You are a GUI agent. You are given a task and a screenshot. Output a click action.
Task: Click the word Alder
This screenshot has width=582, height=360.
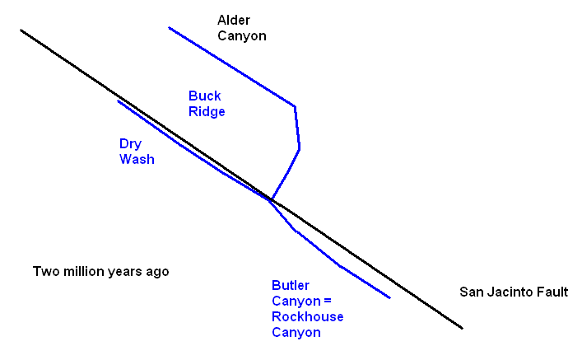(x=234, y=20)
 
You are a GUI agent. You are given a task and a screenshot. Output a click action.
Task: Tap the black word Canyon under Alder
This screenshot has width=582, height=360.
(x=242, y=36)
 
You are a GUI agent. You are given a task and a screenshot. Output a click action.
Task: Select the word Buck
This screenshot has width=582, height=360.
(x=205, y=96)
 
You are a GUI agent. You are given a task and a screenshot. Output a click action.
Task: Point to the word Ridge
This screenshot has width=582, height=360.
(x=207, y=111)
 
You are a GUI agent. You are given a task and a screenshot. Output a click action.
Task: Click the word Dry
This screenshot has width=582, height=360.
(x=130, y=143)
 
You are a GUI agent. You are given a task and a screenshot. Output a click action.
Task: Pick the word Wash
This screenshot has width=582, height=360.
(x=137, y=159)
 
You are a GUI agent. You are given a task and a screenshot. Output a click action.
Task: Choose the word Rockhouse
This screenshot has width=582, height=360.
(x=308, y=317)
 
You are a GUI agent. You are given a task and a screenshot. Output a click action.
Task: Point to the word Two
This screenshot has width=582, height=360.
(x=44, y=271)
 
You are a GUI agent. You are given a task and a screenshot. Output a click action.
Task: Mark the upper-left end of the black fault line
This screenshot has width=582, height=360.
(x=21, y=30)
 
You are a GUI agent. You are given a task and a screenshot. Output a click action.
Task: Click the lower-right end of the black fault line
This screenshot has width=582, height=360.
(x=463, y=328)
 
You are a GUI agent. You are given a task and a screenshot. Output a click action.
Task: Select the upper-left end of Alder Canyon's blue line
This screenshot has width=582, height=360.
(x=170, y=28)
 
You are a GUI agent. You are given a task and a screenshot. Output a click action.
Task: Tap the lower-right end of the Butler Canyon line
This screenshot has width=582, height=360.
(x=389, y=297)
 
